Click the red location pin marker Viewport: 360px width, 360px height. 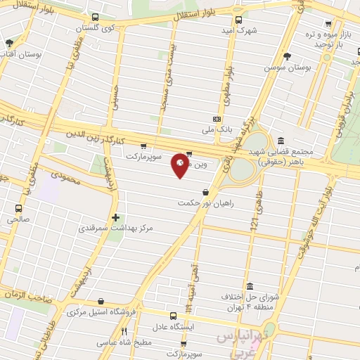[x=180, y=165]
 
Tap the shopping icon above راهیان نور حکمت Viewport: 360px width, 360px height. [x=205, y=191]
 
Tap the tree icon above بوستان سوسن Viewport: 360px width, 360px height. [x=286, y=56]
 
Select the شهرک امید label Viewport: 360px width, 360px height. [x=237, y=30]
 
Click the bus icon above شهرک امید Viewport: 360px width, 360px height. [x=238, y=20]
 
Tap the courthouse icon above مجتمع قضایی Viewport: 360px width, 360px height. [x=281, y=141]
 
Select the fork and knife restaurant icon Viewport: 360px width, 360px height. [x=124, y=331]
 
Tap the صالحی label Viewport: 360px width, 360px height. [x=18, y=219]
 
